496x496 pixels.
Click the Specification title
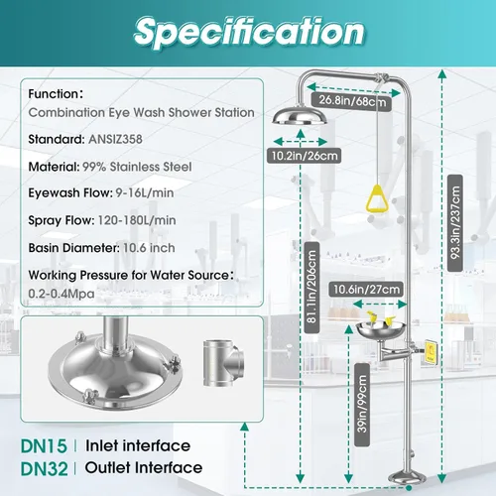[249, 32]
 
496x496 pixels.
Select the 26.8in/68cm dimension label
[352, 100]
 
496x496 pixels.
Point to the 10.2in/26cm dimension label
[305, 156]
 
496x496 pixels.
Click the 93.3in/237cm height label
[455, 223]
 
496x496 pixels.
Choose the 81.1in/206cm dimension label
[311, 288]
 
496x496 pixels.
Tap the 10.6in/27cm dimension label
[366, 290]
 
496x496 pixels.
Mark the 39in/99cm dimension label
[362, 405]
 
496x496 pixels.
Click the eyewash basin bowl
[381, 330]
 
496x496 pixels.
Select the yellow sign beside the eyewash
[431, 352]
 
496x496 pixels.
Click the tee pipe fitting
[223, 363]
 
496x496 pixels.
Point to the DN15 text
[44, 446]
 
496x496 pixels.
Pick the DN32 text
[44, 468]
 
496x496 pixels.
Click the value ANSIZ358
[115, 139]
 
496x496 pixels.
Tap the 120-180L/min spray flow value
[137, 220]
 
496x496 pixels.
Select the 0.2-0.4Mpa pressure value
[62, 294]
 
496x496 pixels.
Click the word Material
[54, 167]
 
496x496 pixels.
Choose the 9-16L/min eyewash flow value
[145, 193]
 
